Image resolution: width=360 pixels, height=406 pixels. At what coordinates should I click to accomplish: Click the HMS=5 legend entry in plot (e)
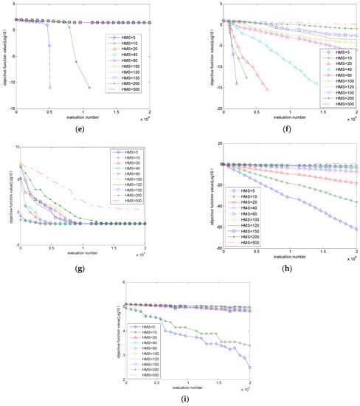pyautogui.click(x=119, y=35)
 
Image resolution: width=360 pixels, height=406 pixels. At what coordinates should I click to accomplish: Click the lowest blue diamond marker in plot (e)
pyautogui.click(x=50, y=88)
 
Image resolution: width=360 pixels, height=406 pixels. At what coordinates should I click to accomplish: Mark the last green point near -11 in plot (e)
pyautogui.click(x=89, y=88)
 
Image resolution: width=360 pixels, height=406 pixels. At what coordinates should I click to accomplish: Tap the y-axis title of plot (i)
pyautogui.click(x=114, y=340)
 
